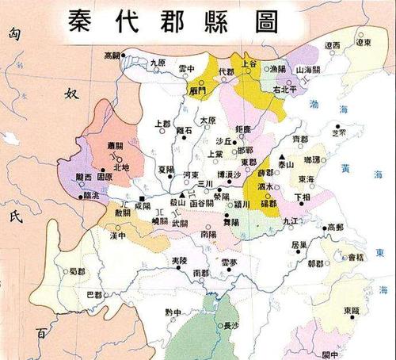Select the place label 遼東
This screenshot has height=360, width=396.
coord(363,44)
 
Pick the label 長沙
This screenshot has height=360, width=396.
coord(230,324)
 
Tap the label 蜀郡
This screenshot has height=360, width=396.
coord(77,272)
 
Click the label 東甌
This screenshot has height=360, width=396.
coord(352,311)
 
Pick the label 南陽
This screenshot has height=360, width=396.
coord(209,235)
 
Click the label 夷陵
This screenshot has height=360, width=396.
coord(180,261)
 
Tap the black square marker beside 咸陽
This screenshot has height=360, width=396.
coord(142,198)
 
